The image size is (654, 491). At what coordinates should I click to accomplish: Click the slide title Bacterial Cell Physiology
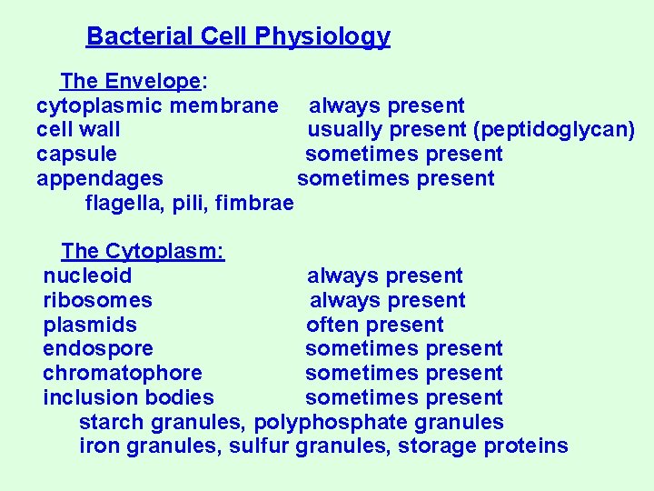point(238,36)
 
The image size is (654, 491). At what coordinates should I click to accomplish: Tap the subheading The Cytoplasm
point(143,251)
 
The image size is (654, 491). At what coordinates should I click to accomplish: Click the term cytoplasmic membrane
point(157,106)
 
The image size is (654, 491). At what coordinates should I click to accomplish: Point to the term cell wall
point(78,130)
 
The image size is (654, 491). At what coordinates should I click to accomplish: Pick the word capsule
point(76,155)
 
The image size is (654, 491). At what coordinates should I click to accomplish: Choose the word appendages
point(100,179)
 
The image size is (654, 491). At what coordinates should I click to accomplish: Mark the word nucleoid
point(87,276)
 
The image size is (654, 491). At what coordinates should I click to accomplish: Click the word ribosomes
point(97,300)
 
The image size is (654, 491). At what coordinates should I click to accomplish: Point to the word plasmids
point(90,325)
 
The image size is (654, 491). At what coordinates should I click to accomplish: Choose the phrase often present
point(375,325)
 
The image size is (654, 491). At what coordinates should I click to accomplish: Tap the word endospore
point(98,349)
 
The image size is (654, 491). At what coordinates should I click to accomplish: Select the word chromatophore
point(123,374)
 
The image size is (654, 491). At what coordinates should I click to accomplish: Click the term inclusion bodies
point(128,397)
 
